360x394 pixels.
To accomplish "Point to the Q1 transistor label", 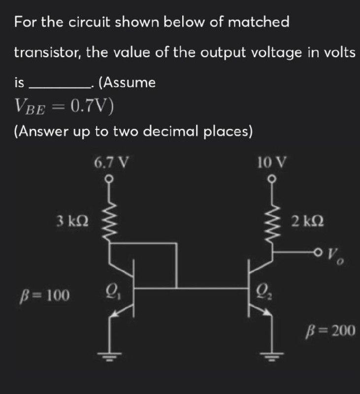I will pyautogui.click(x=110, y=295).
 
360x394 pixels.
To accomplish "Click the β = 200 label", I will pyautogui.click(x=330, y=330).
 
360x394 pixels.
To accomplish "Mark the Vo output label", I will pyautogui.click(x=339, y=256).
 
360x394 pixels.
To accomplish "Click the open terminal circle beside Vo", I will pyautogui.click(x=323, y=252).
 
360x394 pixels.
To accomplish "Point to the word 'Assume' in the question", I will pyautogui.click(x=130, y=82).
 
